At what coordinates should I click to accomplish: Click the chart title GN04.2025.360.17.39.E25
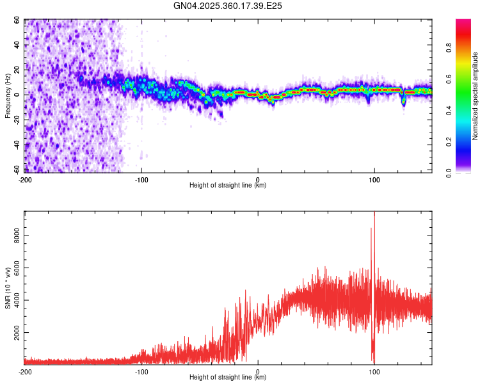pyautogui.click(x=228, y=6)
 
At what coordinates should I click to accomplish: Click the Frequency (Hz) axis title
pyautogui.click(x=8, y=96)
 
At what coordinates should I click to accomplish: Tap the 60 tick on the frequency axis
pyautogui.click(x=17, y=20)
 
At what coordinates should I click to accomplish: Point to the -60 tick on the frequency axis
pyautogui.click(x=15, y=170)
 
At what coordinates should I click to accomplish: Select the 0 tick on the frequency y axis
pyautogui.click(x=19, y=95)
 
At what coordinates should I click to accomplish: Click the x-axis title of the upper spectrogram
pyautogui.click(x=228, y=186)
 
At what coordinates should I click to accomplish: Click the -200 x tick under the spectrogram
pyautogui.click(x=25, y=179)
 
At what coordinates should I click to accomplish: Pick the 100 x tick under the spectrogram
pyautogui.click(x=374, y=179)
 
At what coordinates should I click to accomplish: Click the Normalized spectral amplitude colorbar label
pyautogui.click(x=475, y=96)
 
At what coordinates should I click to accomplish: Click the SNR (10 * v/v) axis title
pyautogui.click(x=8, y=288)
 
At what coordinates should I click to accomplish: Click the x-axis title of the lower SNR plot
pyautogui.click(x=228, y=378)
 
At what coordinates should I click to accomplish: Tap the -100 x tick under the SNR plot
pyautogui.click(x=141, y=371)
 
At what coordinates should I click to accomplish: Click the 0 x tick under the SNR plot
pyautogui.click(x=258, y=371)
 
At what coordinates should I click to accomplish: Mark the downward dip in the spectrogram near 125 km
pyautogui.click(x=403, y=101)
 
